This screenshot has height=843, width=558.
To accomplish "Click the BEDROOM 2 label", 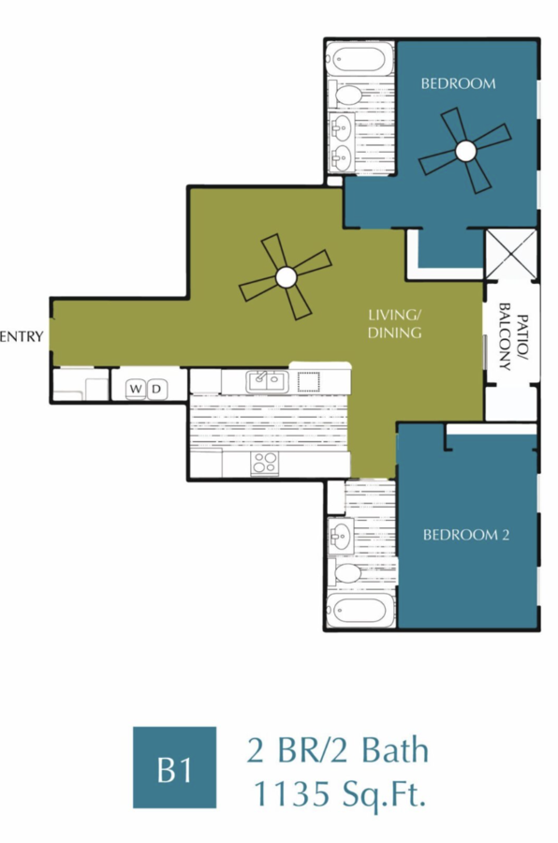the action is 465,535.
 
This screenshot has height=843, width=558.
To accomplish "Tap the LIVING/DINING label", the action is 394,324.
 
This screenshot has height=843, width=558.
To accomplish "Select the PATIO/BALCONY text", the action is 513,343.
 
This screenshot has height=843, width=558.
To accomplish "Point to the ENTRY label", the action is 21,337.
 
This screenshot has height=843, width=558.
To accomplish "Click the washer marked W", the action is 136,389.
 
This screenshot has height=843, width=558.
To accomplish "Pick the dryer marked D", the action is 157,389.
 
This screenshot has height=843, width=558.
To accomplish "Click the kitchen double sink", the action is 267,382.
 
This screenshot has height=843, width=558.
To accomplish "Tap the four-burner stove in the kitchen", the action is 265,463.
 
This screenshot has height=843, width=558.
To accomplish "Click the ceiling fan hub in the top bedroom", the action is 465,152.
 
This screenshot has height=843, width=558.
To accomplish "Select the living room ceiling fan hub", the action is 286,278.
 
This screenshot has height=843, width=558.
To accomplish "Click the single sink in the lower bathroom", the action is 340,535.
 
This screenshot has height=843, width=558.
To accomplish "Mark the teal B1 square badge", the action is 175,768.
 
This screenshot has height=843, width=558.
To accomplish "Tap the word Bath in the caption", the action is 396,750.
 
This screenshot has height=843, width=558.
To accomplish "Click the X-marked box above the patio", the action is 511,254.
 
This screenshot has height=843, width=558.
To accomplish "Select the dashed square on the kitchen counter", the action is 309,382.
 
